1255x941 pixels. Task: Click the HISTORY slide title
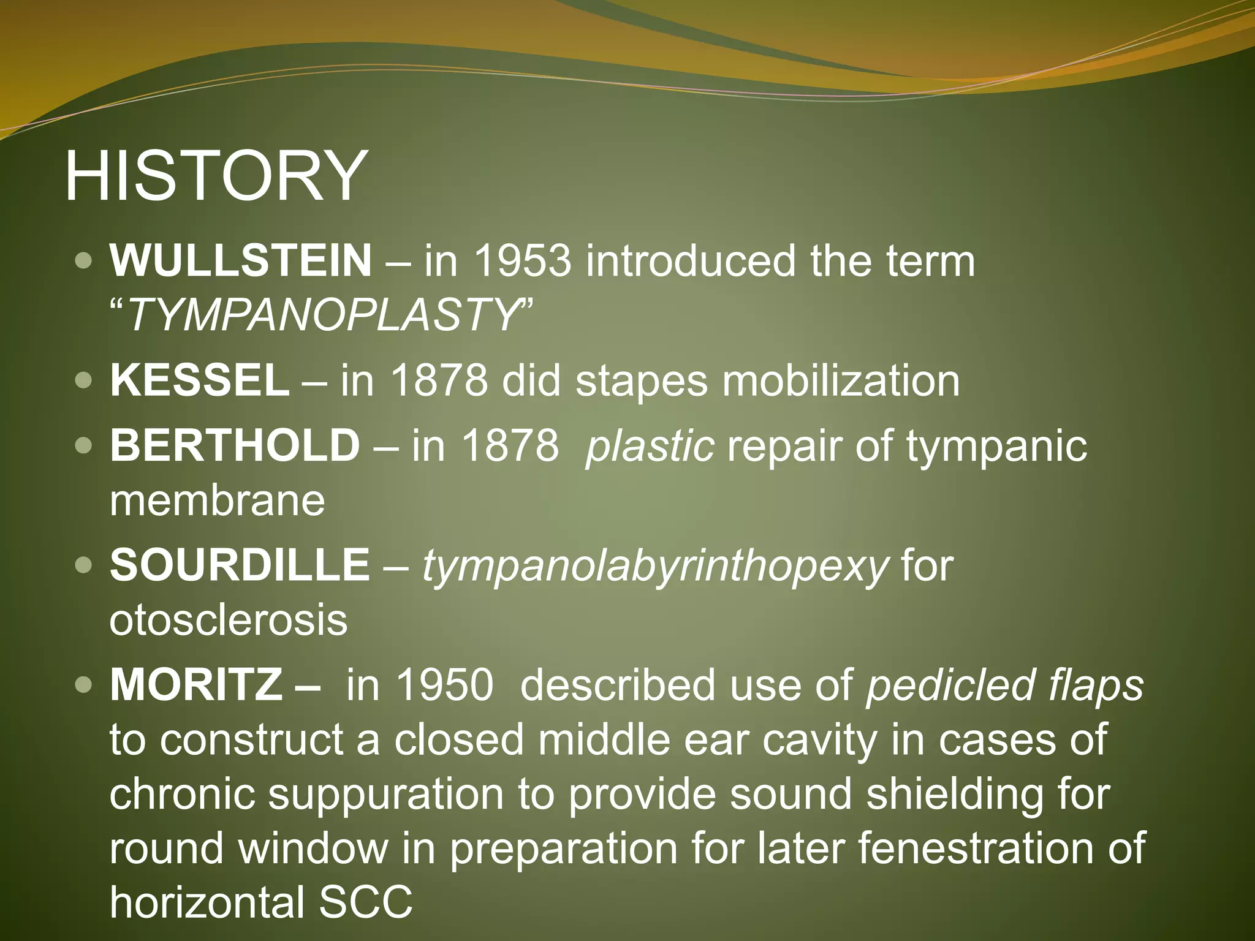click(x=216, y=176)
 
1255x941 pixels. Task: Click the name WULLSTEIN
click(x=240, y=261)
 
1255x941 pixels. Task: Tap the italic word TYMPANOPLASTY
click(x=324, y=315)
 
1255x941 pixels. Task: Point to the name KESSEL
click(x=199, y=380)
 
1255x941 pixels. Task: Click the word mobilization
click(x=841, y=380)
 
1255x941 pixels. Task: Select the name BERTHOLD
click(x=234, y=445)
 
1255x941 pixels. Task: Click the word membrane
click(x=217, y=501)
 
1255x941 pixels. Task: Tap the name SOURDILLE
click(x=240, y=565)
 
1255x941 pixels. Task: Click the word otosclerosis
click(x=228, y=620)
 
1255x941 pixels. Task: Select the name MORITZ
click(x=196, y=685)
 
